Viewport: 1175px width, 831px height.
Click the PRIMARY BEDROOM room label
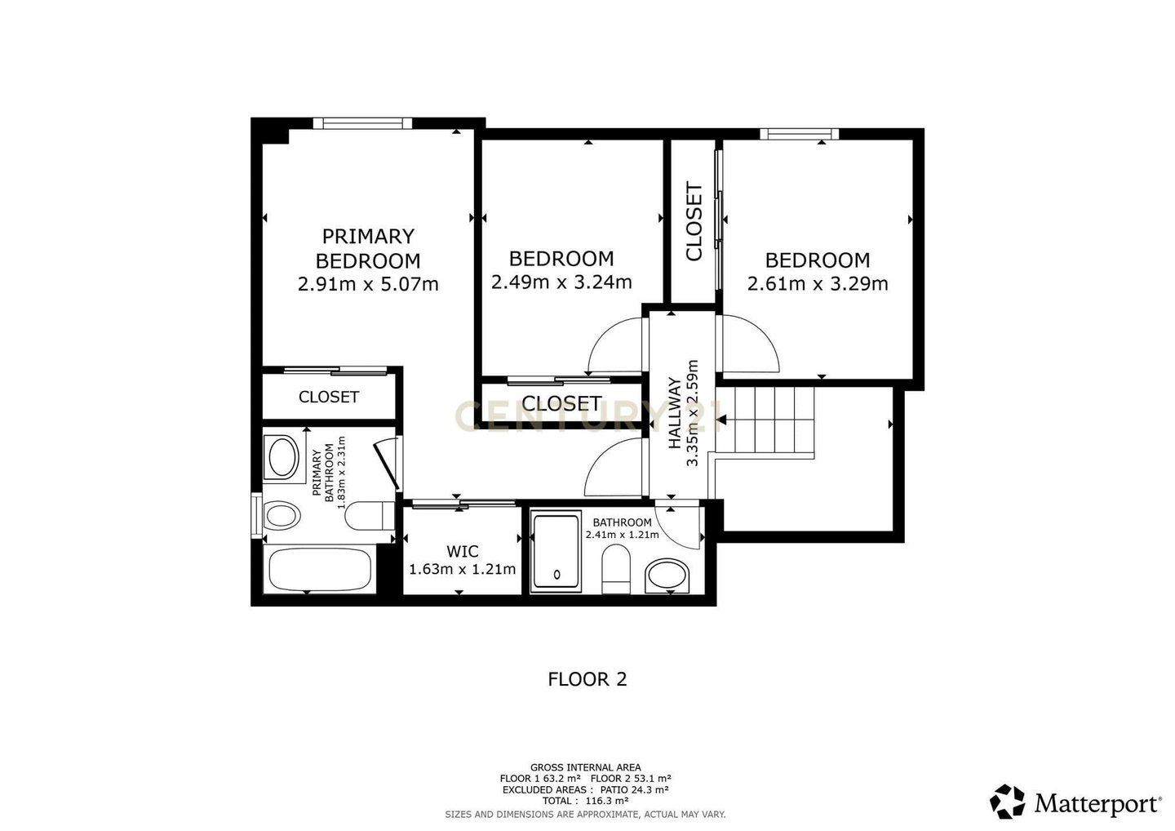coord(368,248)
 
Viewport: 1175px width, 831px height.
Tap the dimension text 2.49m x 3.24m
coord(561,282)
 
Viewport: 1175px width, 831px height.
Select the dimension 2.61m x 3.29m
coord(818,284)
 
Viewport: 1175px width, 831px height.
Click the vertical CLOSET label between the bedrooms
coord(694,221)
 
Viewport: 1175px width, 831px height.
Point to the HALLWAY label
coord(675,413)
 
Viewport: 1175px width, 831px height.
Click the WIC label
coord(462,551)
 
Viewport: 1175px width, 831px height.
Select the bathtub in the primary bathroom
coord(320,570)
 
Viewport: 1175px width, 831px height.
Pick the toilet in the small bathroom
coord(616,569)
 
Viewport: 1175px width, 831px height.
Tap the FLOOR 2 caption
coord(587,679)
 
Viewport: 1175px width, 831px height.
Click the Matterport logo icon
coord(1007,802)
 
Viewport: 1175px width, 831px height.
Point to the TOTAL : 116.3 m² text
coord(586,801)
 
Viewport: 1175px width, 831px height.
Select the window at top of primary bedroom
coord(363,122)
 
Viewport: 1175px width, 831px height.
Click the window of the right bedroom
coord(800,134)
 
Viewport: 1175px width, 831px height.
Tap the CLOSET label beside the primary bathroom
coord(329,398)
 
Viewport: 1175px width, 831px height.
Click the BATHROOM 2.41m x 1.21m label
coord(622,528)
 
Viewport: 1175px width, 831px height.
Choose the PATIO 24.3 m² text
coord(634,789)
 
